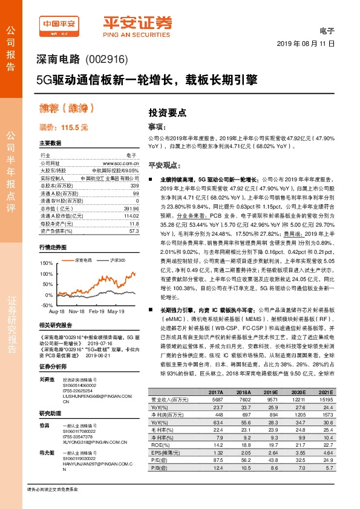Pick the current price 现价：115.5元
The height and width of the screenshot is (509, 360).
pos(64,128)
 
